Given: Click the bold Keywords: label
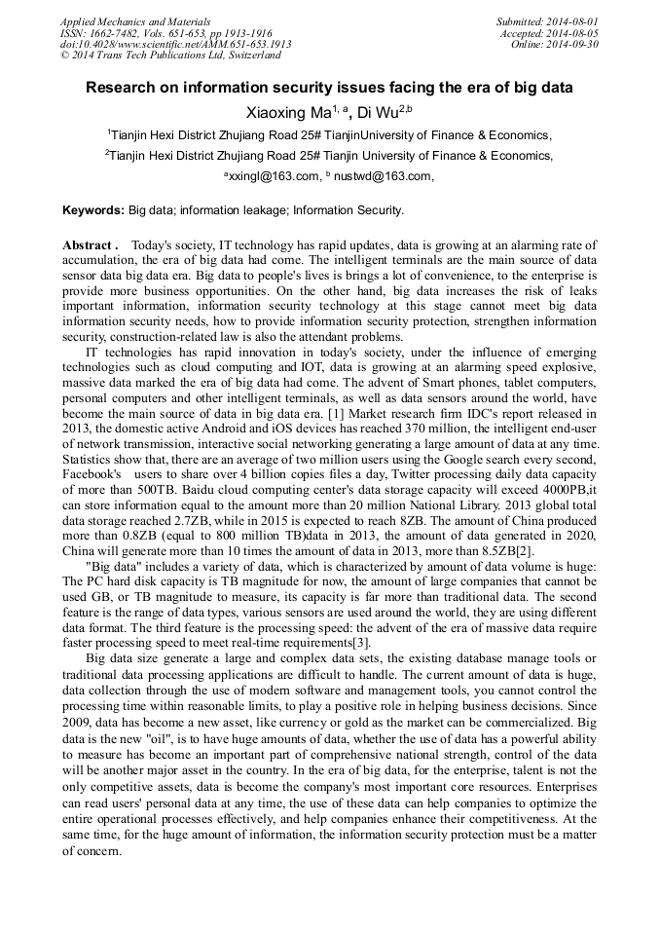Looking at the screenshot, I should [93, 209].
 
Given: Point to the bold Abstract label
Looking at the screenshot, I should [90, 245].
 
